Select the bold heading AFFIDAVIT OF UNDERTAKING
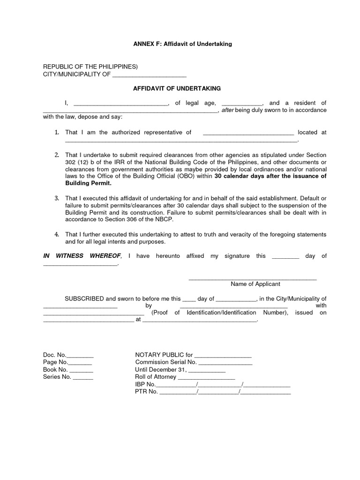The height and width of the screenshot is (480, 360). [x=177, y=88]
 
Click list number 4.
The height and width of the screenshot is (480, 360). [x=56, y=234]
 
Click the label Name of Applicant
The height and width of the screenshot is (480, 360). [x=255, y=284]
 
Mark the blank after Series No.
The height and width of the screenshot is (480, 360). [x=83, y=377]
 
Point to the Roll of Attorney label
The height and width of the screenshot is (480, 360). [x=155, y=377]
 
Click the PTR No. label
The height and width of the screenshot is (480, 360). [x=146, y=392]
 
